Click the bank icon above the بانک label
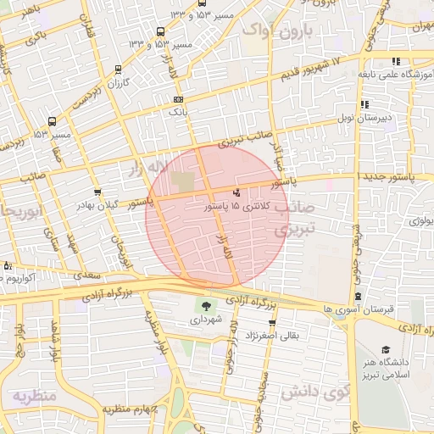[x=178, y=100]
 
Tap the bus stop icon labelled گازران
[x=117, y=70]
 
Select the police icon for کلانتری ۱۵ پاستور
[x=236, y=192]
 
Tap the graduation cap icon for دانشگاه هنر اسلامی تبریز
[x=386, y=350]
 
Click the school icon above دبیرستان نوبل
[x=364, y=105]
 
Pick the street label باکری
[x=36, y=38]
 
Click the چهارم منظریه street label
[x=127, y=409]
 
